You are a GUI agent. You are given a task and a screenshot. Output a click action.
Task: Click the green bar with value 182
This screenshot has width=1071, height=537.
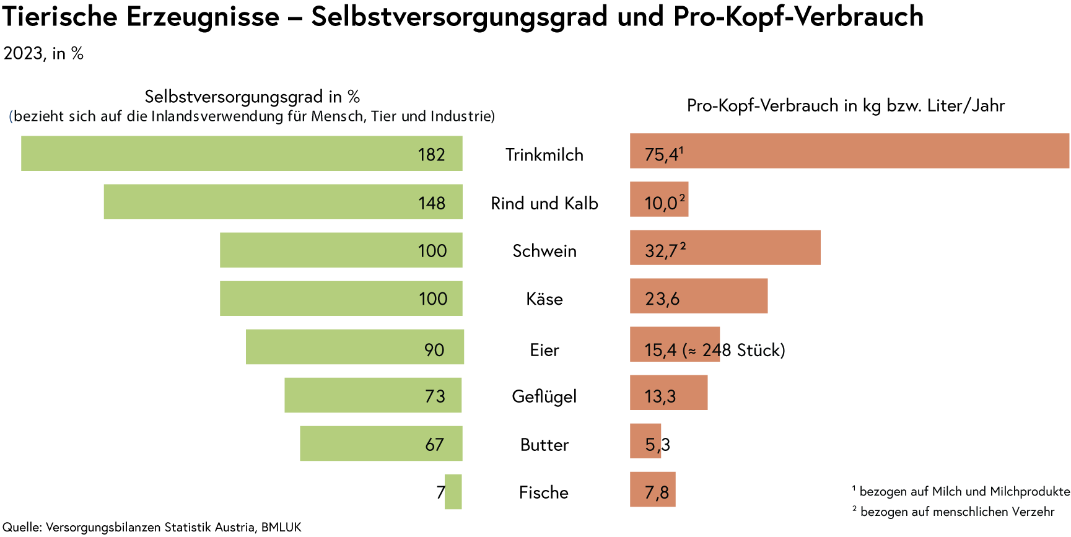(242, 153)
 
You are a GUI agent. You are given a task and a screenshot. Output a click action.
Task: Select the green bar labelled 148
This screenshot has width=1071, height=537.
(282, 201)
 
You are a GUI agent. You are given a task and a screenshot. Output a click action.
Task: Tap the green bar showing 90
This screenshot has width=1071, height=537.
(354, 347)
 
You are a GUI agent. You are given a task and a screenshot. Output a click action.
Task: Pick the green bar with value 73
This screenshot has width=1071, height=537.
(373, 395)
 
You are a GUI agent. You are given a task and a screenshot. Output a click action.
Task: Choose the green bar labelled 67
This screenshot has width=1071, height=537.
(381, 443)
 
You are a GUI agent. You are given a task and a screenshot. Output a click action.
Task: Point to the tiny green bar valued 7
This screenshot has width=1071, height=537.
(453, 492)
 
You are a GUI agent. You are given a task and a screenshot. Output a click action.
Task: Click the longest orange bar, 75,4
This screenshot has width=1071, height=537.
(849, 151)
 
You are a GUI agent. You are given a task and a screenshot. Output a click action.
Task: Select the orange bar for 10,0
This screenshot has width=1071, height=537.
(659, 199)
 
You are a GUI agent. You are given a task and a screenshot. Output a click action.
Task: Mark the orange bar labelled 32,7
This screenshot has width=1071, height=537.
(725, 247)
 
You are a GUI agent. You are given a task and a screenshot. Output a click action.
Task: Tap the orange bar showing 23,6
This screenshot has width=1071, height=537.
(699, 295)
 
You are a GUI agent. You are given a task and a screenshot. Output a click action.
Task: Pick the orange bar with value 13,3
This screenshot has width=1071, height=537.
(668, 392)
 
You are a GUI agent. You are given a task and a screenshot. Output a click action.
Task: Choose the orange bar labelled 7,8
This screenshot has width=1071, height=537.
(652, 489)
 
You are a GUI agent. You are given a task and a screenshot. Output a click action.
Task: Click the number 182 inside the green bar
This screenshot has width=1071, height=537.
(431, 154)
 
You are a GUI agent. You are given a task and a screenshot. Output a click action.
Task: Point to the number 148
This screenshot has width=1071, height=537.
(431, 203)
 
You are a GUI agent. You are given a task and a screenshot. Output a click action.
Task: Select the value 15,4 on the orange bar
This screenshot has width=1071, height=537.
(660, 350)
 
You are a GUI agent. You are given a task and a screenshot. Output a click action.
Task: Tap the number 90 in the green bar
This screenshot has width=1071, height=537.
(434, 350)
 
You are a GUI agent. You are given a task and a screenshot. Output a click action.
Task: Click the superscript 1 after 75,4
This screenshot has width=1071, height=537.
(681, 150)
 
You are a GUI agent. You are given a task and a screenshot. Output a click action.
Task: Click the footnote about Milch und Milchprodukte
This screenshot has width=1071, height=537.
(961, 492)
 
